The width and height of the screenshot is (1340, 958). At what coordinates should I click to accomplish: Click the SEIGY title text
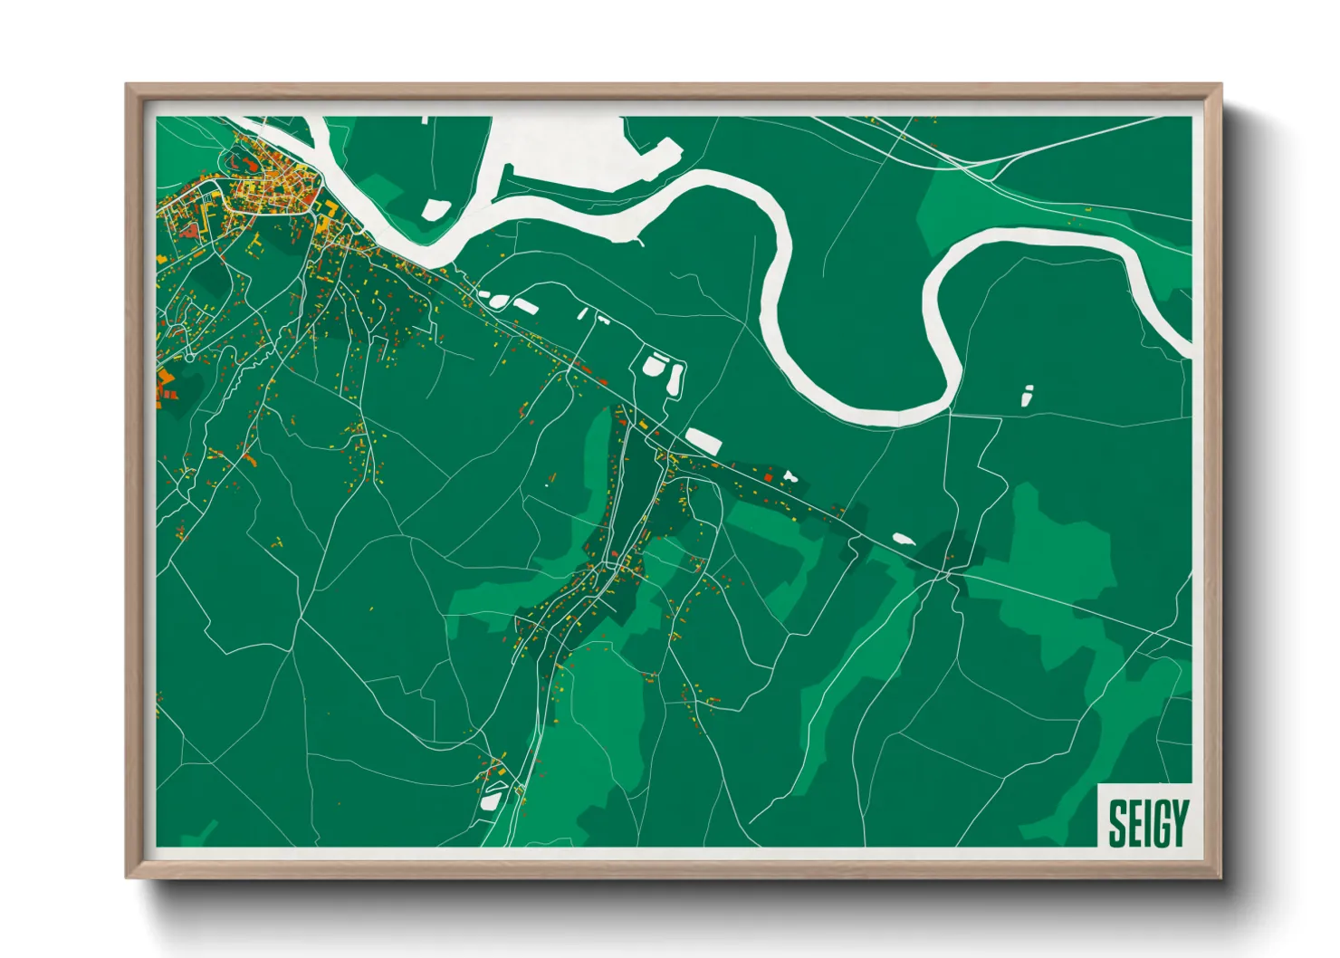(x=1147, y=823)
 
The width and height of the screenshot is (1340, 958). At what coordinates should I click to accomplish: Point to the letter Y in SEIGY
(x=1178, y=823)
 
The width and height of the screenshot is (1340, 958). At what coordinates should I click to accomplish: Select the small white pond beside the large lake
(x=435, y=209)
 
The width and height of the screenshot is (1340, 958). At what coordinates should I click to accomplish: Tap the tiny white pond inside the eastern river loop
(x=1027, y=396)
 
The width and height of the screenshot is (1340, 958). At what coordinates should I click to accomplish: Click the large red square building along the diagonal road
(x=769, y=477)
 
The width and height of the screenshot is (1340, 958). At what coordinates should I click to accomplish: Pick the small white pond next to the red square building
(x=790, y=475)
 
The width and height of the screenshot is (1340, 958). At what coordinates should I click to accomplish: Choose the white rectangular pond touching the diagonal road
(x=703, y=441)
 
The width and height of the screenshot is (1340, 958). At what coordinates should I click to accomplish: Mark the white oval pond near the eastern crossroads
(x=903, y=540)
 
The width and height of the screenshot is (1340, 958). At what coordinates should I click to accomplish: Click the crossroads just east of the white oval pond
(x=946, y=572)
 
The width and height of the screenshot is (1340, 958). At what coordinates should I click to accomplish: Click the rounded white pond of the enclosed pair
(x=655, y=366)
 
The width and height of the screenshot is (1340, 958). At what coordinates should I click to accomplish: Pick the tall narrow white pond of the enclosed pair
(x=675, y=379)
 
